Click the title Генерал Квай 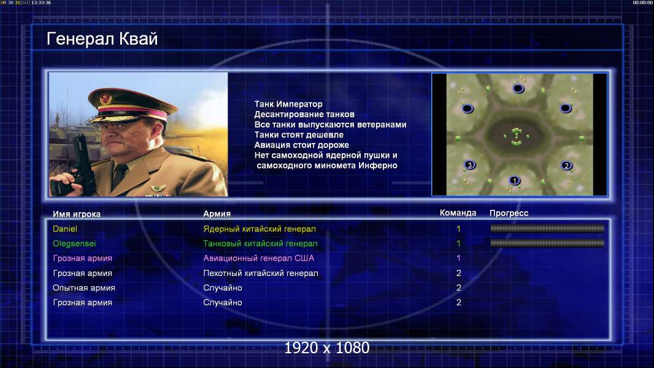point(102,39)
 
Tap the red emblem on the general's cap point(106,99)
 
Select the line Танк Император point(288,104)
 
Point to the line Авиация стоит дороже point(302,145)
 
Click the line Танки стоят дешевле point(299,134)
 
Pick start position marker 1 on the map point(515,180)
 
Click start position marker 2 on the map point(566,166)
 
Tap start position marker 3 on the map point(469,164)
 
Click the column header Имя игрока point(77,214)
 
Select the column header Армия point(217,214)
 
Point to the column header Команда point(458,213)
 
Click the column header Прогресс point(509,213)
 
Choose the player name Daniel point(65,229)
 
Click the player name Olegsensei point(74,243)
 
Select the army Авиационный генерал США point(259,258)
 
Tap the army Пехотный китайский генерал point(261,274)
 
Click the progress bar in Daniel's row point(547,228)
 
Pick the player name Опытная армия point(84,288)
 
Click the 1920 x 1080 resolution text point(327,348)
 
